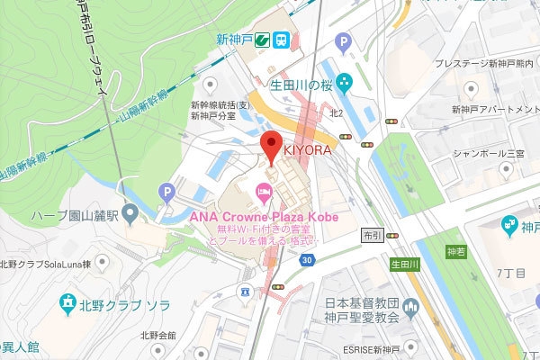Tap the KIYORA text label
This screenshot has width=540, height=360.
click(x=308, y=150)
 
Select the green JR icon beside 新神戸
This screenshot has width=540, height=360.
click(x=260, y=40)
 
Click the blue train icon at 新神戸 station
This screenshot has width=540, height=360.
click(x=282, y=40)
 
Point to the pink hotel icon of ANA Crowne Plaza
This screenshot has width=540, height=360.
click(x=264, y=190)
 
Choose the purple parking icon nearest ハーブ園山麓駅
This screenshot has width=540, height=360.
click(x=165, y=191)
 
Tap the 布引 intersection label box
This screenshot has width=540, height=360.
click(x=372, y=235)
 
